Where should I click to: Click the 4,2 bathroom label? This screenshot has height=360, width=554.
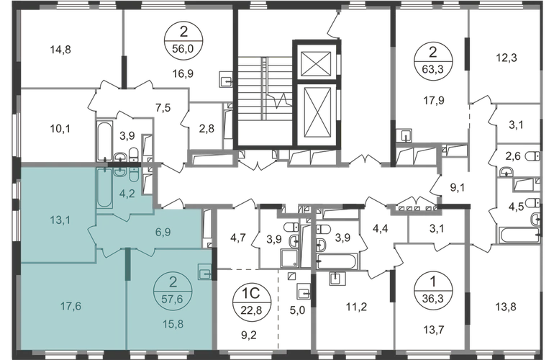pyautogui.click(x=127, y=192)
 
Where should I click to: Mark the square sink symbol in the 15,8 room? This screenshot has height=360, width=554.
pyautogui.click(x=204, y=273)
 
